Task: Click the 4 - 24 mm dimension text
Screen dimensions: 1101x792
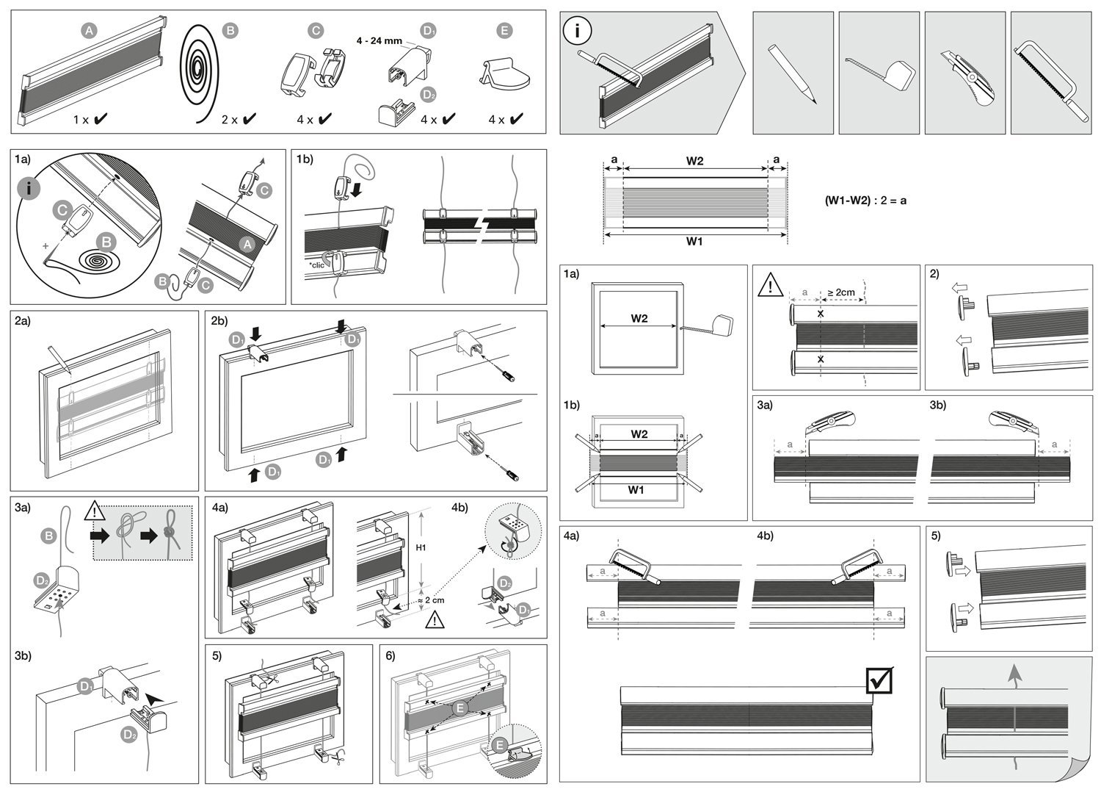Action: pos(379,41)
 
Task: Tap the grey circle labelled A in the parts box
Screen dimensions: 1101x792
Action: pos(89,31)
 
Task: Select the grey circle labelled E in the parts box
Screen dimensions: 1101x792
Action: pos(504,31)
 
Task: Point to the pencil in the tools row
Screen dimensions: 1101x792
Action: pos(792,73)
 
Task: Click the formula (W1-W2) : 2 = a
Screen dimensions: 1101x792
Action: pos(865,201)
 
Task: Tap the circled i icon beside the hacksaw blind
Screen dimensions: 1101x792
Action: pos(577,30)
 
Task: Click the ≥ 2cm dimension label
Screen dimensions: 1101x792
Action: pos(841,292)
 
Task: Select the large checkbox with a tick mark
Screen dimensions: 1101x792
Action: pos(879,680)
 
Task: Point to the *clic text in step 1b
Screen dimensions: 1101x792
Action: pos(316,265)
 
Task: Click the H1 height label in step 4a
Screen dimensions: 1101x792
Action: pos(421,547)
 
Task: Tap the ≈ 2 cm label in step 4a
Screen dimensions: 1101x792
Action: pos(431,600)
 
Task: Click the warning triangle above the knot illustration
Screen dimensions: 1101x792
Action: pos(95,511)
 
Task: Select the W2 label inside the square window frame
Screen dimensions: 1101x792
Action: pos(639,318)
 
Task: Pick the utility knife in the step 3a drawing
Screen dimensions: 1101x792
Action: pos(830,424)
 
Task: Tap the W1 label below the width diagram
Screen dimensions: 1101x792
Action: pos(694,241)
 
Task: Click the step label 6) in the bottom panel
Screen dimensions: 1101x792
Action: pos(390,656)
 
